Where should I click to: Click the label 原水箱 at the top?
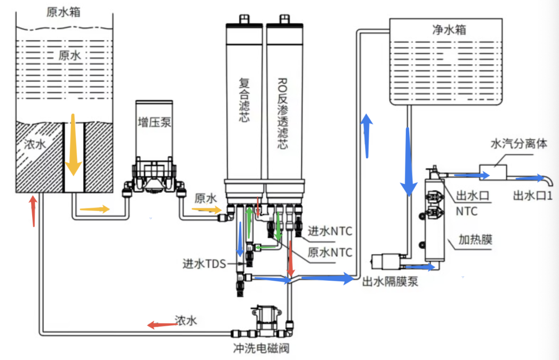pyautogui.click(x=64, y=12)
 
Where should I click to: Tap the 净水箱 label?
pyautogui.click(x=449, y=29)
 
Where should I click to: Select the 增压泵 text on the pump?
pyautogui.click(x=154, y=122)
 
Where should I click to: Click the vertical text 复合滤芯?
pyautogui.click(x=244, y=100)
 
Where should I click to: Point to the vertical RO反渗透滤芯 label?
pyautogui.click(x=283, y=113)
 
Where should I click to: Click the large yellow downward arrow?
pyautogui.click(x=73, y=145)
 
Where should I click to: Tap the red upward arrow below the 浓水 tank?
pyautogui.click(x=33, y=211)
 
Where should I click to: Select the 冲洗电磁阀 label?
pyautogui.click(x=261, y=348)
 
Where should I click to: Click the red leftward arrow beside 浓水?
pyautogui.click(x=162, y=324)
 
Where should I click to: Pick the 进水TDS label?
pyautogui.click(x=204, y=264)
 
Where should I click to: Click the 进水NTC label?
pyautogui.click(x=330, y=231)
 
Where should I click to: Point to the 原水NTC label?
pyautogui.click(x=330, y=252)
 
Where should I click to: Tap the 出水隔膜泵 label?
pyautogui.click(x=390, y=281)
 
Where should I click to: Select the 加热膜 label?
pyautogui.click(x=475, y=239)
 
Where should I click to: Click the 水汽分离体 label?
pyautogui.click(x=519, y=144)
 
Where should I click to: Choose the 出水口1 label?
pyautogui.click(x=533, y=196)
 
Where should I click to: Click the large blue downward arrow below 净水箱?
pyautogui.click(x=408, y=162)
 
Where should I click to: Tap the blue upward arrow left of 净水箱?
pyautogui.click(x=366, y=136)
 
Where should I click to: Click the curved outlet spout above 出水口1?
pyautogui.click(x=549, y=179)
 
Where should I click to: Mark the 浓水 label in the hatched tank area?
pyautogui.click(x=35, y=144)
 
